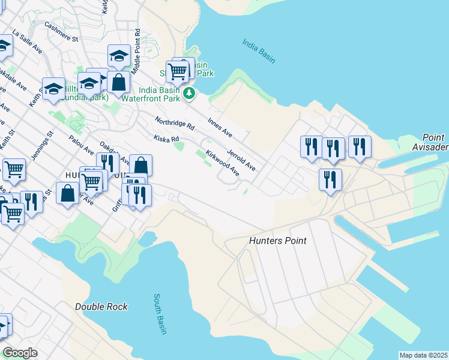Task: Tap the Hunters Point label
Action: [x=278, y=241]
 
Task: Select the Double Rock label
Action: [x=101, y=307]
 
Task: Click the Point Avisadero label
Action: [x=430, y=143]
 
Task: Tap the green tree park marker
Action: [x=189, y=93]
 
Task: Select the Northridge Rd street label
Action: [x=175, y=124]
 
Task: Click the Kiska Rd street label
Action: [x=166, y=139]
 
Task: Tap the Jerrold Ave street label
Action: [x=241, y=159]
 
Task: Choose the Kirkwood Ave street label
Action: [x=222, y=163]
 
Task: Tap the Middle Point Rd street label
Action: [x=137, y=52]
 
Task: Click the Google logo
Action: [x=20, y=353]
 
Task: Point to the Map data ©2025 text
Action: [x=424, y=355]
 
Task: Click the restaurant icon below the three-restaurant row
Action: [x=330, y=179]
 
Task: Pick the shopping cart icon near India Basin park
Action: [x=178, y=72]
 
